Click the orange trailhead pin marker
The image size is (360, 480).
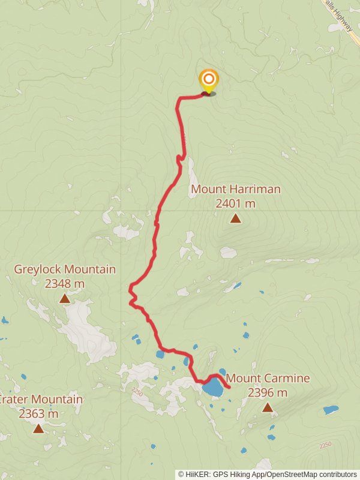point(208,80)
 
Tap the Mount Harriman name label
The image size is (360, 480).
point(235,190)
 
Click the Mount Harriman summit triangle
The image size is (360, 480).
point(236,218)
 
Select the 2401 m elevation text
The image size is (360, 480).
point(235,203)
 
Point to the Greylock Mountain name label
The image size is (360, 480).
point(65,269)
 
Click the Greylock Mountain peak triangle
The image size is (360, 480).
point(64,298)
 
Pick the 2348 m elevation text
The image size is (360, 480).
point(65,283)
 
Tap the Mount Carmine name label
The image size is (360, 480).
point(268,379)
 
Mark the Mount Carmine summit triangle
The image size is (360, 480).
point(268,408)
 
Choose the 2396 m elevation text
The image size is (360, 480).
point(267,393)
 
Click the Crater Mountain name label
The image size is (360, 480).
point(41,400)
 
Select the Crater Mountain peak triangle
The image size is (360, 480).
point(38,428)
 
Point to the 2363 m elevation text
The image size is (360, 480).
point(38,413)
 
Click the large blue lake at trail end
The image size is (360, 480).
point(213,387)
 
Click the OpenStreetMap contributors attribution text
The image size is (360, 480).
point(311,475)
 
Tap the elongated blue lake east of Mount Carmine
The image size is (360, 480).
point(331,410)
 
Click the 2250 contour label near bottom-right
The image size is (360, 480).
point(326,445)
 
